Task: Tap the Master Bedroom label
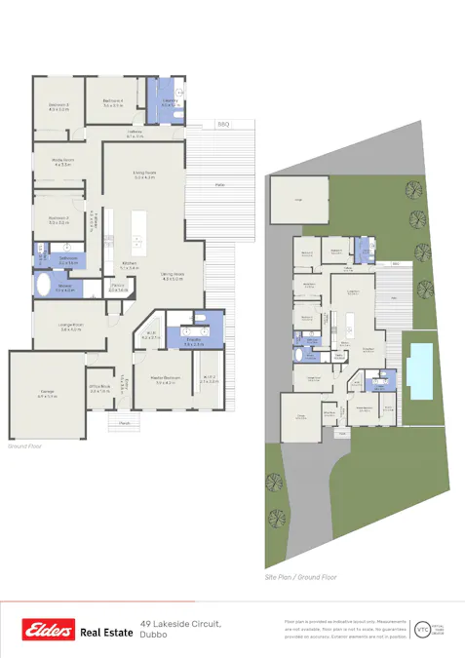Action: [171, 377]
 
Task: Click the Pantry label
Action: [118, 288]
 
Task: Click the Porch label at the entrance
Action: [125, 424]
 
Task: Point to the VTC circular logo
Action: [422, 629]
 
